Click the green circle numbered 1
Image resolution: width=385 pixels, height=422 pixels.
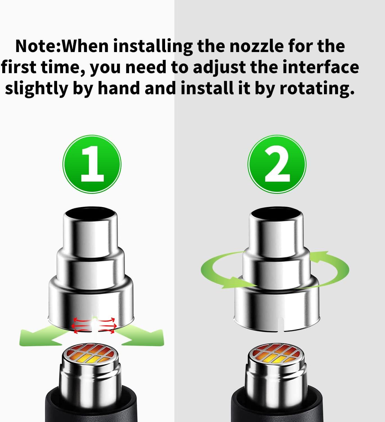point(92,164)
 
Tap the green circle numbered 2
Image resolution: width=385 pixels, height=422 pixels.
point(277,164)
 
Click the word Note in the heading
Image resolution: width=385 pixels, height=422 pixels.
point(36,46)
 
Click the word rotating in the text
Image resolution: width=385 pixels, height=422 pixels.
point(317,88)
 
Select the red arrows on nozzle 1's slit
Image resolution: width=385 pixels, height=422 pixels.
point(94,326)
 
